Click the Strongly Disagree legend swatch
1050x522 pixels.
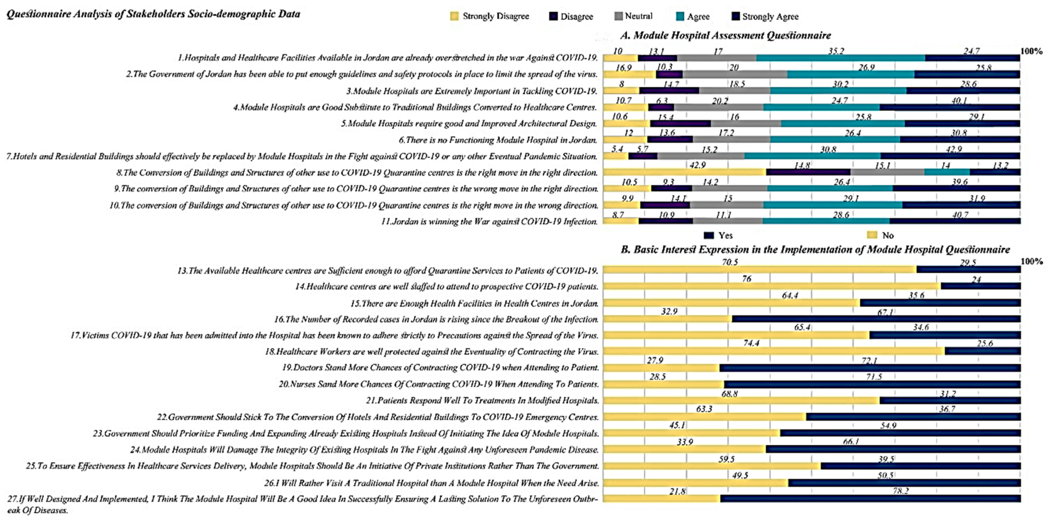[454, 16]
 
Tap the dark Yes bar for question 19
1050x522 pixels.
[870, 368]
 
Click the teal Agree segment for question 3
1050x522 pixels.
[838, 91]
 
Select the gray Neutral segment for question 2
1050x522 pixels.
[735, 74]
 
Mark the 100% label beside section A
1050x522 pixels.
[1031, 51]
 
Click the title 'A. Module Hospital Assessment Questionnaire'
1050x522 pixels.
[725, 35]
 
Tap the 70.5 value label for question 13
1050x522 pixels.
[729, 262]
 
